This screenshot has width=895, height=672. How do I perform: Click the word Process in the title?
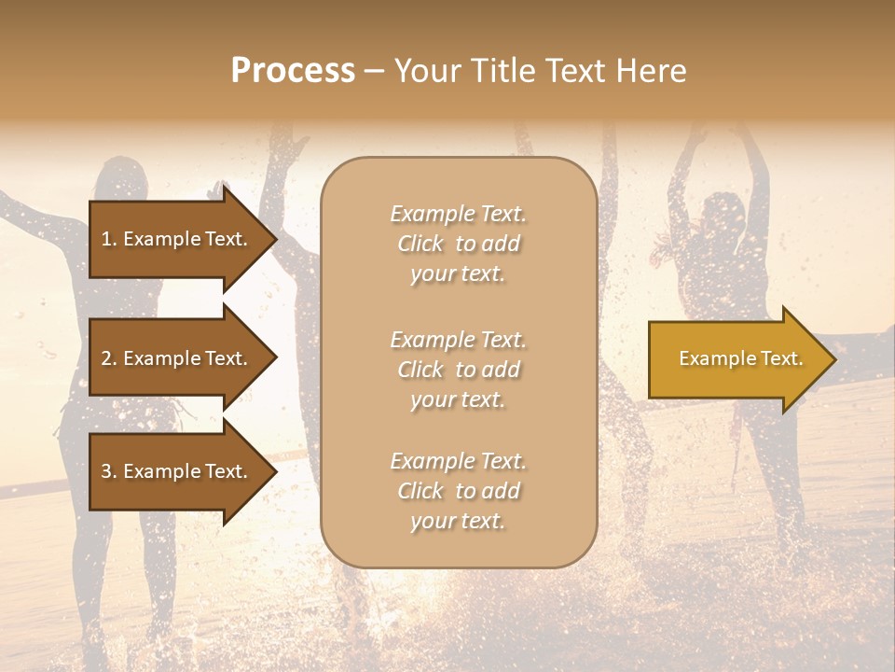click(293, 71)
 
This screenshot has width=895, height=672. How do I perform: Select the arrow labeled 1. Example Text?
click(175, 239)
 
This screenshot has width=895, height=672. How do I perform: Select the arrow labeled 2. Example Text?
click(175, 358)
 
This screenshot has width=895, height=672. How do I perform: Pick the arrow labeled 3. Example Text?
click(175, 471)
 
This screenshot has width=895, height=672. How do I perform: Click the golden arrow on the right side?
click(737, 358)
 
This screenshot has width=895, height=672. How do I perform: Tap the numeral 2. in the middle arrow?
click(109, 358)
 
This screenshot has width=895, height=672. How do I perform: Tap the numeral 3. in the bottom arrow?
click(109, 471)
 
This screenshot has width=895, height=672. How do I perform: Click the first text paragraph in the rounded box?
click(458, 244)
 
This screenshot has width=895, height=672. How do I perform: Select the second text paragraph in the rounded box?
click(458, 370)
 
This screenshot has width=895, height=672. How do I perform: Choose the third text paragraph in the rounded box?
click(458, 491)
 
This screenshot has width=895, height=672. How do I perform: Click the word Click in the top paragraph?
click(420, 244)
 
